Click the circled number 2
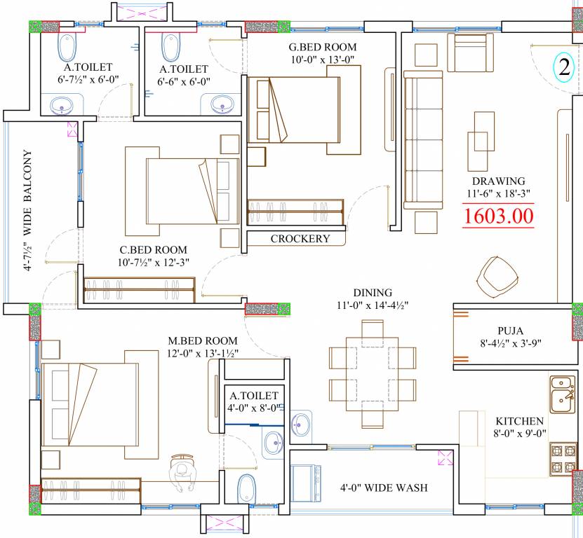point(564,67)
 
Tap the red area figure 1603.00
point(498,216)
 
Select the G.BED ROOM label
point(322,47)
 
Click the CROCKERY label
point(300,238)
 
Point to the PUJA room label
point(511,331)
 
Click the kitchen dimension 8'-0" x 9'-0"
point(519,434)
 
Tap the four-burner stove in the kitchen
point(563,460)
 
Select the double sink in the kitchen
point(562,394)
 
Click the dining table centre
point(373,374)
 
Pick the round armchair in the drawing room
point(497,277)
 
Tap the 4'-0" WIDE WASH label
point(384,488)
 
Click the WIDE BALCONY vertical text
point(28,193)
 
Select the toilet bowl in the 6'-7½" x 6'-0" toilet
point(67,48)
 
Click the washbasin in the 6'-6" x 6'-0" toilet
point(222,104)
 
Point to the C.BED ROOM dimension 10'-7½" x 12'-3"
point(154,262)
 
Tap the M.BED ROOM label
point(203,340)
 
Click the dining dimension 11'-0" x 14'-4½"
point(373,305)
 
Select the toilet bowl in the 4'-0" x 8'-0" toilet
point(246,488)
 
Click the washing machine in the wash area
point(305,483)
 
